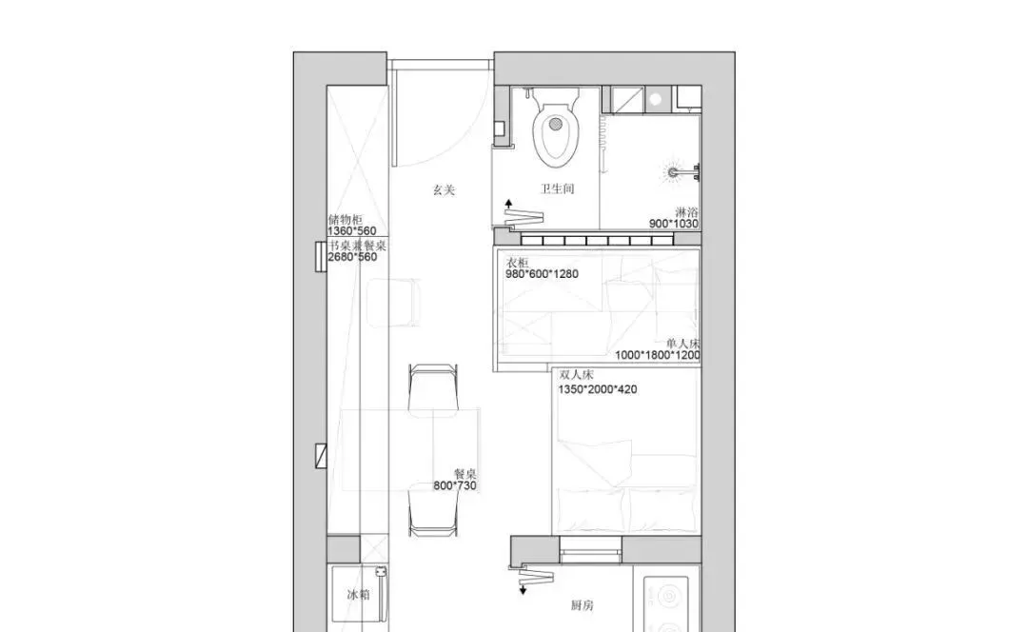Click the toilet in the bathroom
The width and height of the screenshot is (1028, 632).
coord(556,128)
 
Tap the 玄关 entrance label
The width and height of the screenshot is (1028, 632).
coord(444,190)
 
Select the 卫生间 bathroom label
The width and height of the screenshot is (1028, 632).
coord(557,188)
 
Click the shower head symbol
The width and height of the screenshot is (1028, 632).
coord(674,173)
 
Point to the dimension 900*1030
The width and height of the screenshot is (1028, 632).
coord(673,224)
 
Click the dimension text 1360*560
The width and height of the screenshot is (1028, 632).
coord(352,230)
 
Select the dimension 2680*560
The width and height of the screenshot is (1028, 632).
coord(352,257)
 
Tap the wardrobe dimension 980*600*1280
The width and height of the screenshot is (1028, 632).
coord(542,274)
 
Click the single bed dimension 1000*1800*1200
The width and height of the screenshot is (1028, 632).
coord(658,355)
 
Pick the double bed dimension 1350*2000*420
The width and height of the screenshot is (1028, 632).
coord(597,389)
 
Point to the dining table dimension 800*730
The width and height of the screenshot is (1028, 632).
coord(455,485)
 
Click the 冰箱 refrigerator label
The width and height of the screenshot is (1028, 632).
coord(359,595)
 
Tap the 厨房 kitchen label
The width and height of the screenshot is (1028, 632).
coord(583,605)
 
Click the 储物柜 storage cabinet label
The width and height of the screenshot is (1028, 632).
coord(345,220)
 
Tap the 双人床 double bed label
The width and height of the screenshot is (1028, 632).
coord(576,375)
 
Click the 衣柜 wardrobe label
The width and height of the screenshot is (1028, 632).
coord(517,263)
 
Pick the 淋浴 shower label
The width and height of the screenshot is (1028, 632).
coord(686,212)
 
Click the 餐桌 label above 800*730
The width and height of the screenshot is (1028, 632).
coord(465,474)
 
